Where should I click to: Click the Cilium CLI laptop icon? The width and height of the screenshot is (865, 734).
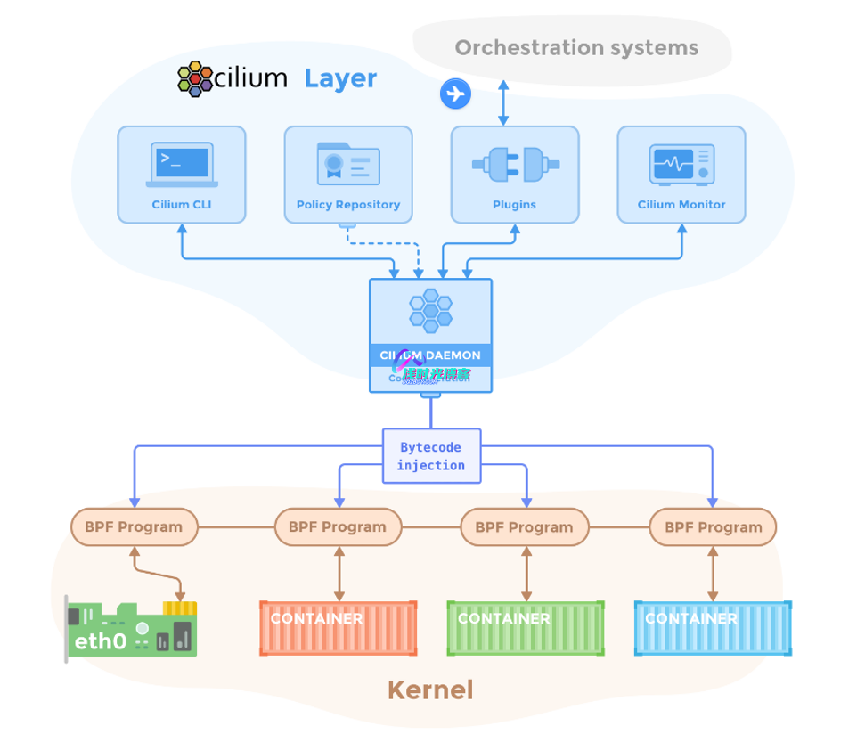[x=182, y=165]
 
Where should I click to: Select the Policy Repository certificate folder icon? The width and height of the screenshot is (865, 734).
[x=348, y=165]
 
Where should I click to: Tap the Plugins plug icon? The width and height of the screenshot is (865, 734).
[x=515, y=165]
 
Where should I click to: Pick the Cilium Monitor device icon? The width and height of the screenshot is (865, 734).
[x=681, y=165]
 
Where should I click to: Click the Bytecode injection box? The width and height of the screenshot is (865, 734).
[x=431, y=457]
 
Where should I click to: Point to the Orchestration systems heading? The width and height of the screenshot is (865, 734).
[x=576, y=47]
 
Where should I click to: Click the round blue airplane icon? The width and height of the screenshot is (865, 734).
[x=455, y=93]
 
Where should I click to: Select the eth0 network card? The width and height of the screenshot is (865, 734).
[x=133, y=631]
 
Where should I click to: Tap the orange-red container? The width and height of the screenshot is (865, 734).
[x=339, y=629]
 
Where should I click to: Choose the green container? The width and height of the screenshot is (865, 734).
[x=526, y=629]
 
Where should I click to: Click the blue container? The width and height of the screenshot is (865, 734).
[x=713, y=629]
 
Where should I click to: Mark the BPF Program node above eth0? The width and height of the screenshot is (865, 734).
[x=134, y=526]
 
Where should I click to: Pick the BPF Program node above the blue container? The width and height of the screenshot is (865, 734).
[x=713, y=526]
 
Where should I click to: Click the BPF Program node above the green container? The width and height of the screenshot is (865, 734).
[x=524, y=526]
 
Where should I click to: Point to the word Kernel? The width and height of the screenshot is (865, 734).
[x=430, y=689]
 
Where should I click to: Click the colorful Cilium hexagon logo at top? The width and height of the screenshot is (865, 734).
[x=195, y=78]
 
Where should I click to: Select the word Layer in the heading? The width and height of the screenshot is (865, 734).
[x=340, y=78]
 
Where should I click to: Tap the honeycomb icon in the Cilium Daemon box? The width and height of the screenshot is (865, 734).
[x=430, y=309]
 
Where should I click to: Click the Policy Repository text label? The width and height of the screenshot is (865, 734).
[x=348, y=205]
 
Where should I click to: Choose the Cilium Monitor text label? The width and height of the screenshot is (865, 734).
[x=681, y=205]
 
